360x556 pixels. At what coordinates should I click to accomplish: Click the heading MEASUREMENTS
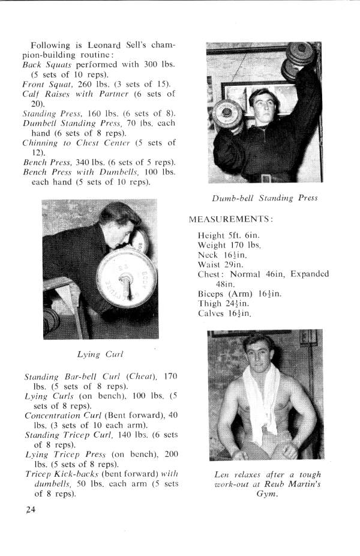pyautogui.click(x=231, y=220)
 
